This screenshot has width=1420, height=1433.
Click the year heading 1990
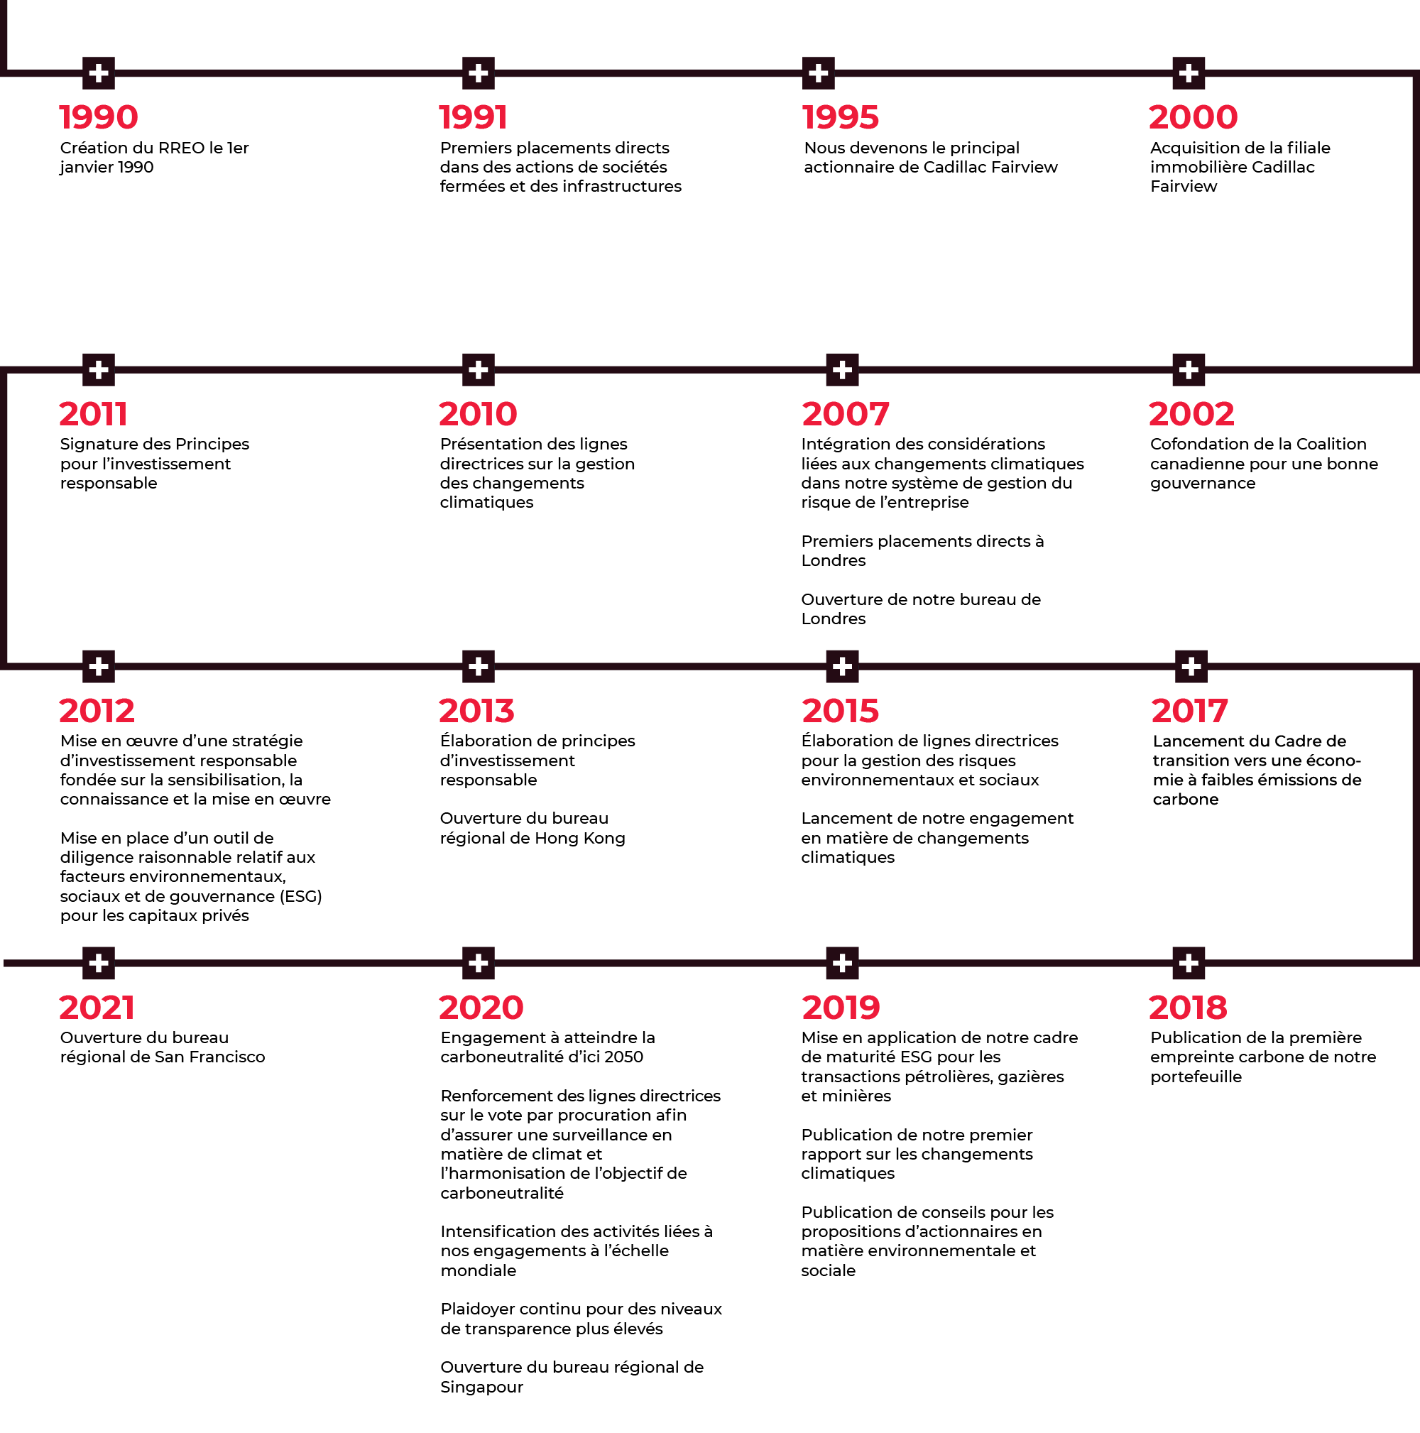point(99,117)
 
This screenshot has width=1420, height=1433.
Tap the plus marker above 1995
point(818,72)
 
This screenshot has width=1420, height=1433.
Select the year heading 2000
point(1193,117)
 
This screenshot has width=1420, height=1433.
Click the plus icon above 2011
point(99,369)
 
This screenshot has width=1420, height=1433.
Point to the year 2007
point(846,414)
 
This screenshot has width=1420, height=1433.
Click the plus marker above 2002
point(1189,369)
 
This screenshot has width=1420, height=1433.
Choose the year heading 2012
point(97,711)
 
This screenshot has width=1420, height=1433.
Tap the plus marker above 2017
point(1191,666)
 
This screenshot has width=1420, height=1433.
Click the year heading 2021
point(97,1007)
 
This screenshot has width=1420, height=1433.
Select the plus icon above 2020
point(479,963)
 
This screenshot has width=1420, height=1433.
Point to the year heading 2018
point(1188,1007)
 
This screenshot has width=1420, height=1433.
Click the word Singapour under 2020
point(482,1387)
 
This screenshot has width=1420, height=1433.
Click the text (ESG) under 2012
point(300,896)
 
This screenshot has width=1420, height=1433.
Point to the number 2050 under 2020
point(623,1056)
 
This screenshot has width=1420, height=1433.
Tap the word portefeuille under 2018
point(1196,1077)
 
